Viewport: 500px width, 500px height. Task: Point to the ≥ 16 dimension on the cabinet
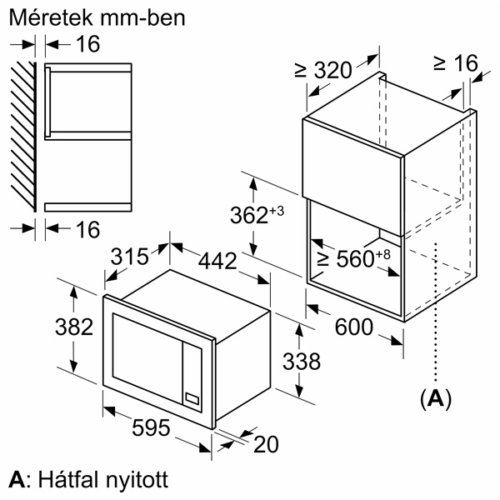455,63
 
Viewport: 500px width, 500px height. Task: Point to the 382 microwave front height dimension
73,327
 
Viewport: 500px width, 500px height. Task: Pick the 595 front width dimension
152,427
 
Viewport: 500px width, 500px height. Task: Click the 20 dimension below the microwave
265,445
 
